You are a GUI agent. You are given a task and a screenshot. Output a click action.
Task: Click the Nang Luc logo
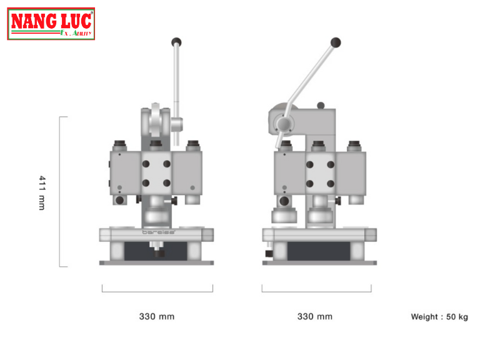click(51, 24)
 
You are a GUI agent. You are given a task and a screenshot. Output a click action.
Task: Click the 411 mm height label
click(42, 192)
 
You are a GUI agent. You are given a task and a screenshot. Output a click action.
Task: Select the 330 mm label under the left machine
click(157, 316)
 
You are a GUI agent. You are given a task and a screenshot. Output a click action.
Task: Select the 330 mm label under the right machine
click(315, 316)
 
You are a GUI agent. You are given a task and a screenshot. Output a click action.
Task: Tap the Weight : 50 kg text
click(439, 317)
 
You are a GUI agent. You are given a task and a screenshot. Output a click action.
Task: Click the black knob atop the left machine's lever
click(176, 42)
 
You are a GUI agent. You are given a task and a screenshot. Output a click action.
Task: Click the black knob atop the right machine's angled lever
click(336, 42)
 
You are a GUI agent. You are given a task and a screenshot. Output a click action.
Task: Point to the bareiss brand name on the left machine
click(158, 232)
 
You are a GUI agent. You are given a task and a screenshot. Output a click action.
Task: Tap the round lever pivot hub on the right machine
click(284, 125)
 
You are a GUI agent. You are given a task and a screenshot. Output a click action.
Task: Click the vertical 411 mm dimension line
click(60, 191)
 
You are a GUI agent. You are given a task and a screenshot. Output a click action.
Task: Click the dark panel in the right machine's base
click(318, 251)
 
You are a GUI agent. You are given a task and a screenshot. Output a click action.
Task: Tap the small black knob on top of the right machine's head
click(321, 106)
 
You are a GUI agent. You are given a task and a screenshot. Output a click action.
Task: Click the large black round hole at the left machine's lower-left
click(119, 201)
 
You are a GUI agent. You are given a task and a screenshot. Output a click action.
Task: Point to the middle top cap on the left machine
click(157, 146)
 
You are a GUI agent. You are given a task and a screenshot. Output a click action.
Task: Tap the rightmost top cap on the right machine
click(354, 146)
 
